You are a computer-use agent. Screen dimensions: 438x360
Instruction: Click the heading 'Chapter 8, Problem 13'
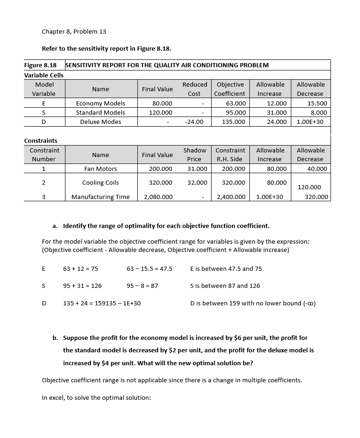(x=74, y=32)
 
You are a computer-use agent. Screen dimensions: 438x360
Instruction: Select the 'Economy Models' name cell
(x=100, y=103)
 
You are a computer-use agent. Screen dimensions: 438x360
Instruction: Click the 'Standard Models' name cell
(x=100, y=112)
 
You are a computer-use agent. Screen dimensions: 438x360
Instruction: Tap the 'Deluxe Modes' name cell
(x=100, y=122)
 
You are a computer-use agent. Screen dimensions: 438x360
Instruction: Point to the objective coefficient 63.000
(x=234, y=103)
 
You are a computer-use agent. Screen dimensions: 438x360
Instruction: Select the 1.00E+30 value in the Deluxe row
(x=310, y=122)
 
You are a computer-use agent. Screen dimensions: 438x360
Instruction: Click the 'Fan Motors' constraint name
(x=100, y=169)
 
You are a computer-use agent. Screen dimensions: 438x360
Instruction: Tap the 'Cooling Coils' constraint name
(x=100, y=183)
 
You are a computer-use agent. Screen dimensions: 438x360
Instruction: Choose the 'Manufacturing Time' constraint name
(x=100, y=197)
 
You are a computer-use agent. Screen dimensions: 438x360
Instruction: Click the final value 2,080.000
(x=158, y=197)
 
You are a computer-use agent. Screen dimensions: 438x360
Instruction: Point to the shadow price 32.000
(x=197, y=183)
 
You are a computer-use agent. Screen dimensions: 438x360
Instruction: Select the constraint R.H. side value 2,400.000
(x=231, y=197)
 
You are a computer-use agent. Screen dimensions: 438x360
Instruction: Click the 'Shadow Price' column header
(x=195, y=155)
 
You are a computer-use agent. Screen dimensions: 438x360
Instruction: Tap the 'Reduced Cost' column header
(x=195, y=89)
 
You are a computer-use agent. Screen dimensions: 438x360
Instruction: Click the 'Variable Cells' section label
(x=44, y=75)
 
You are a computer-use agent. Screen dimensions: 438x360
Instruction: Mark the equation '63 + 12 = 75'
(x=80, y=269)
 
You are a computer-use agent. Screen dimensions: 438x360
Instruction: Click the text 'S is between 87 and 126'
(x=225, y=286)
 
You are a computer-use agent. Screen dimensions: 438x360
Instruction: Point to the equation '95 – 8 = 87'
(x=142, y=286)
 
